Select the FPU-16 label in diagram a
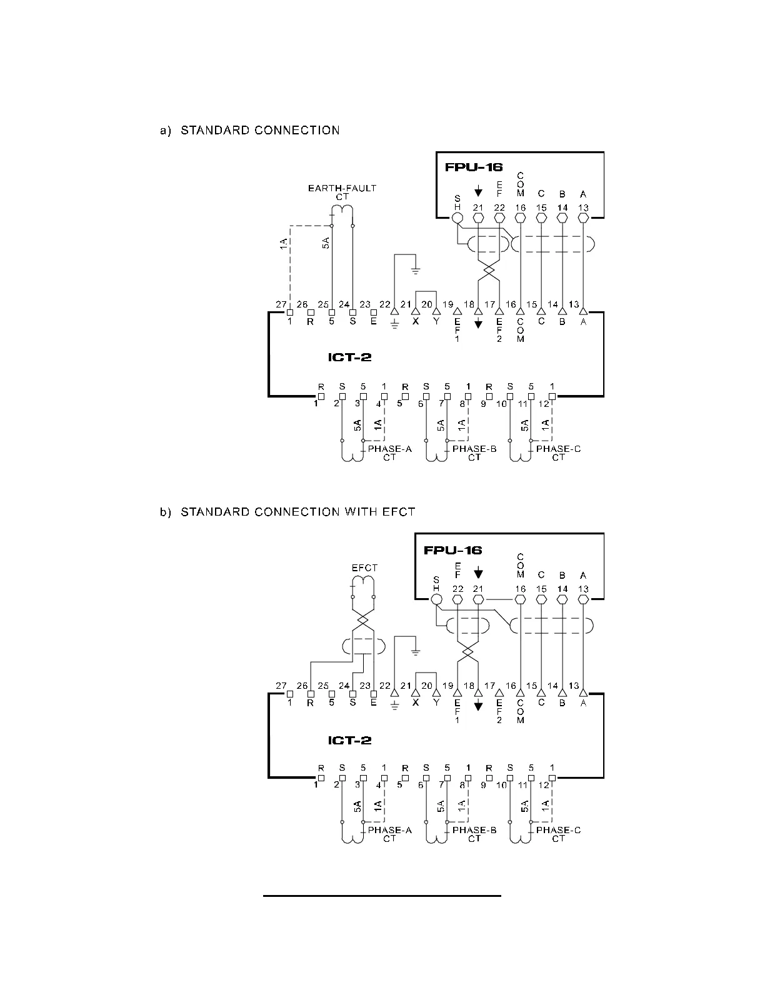tap(473, 167)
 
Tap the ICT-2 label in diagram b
tap(349, 740)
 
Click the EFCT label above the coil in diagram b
tap(364, 567)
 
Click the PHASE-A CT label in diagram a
tap(389, 452)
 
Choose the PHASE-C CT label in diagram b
tap(558, 834)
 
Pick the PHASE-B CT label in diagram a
tap(474, 452)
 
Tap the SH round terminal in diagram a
tap(457, 217)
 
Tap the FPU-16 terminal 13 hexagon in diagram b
tap(583, 599)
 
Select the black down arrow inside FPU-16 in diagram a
tap(478, 190)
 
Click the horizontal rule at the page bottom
tap(382, 896)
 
